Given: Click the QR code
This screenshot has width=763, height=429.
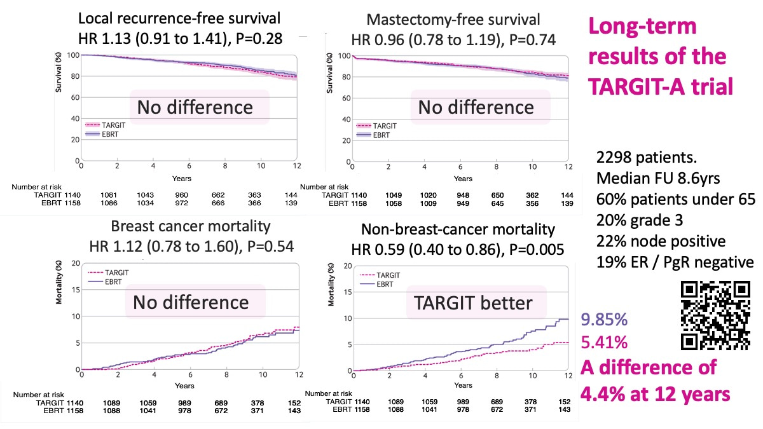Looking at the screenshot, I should [714, 315].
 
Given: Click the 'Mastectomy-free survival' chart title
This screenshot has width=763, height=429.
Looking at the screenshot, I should [454, 20].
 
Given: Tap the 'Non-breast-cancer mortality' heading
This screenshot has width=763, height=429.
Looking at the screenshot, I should [458, 229].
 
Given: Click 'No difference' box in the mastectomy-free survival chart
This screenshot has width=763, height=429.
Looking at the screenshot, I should [476, 106].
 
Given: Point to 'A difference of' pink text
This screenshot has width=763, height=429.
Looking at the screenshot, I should [649, 367].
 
